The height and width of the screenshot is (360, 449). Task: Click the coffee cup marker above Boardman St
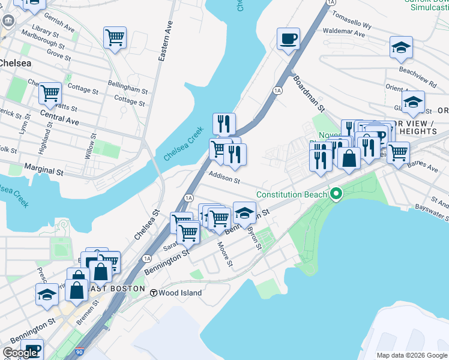[288, 40]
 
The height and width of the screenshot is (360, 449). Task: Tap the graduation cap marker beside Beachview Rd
[401, 48]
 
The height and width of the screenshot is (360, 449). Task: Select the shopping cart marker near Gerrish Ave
[115, 37]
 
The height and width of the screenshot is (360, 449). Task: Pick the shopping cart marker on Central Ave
[50, 94]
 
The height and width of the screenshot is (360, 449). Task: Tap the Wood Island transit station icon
[154, 293]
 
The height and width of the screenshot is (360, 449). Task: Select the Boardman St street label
[309, 94]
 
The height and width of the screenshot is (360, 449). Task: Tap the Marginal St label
[43, 170]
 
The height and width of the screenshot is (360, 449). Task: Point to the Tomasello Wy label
[352, 21]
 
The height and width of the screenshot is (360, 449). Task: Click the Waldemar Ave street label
[343, 33]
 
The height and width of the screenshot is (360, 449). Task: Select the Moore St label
[224, 254]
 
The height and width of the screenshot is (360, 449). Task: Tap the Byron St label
[255, 238]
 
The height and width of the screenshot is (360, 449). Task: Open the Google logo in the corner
[20, 353]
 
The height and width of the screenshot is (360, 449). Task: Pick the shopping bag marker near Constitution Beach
[349, 158]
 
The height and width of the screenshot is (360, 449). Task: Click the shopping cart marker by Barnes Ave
[397, 153]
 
